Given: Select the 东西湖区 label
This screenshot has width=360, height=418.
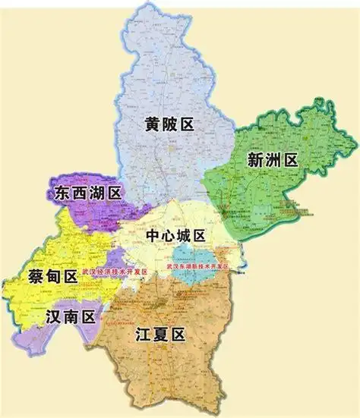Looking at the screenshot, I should [88, 193].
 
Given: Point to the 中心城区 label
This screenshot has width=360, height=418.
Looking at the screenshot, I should [176, 237].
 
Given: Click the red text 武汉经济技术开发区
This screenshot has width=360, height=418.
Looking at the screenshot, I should [115, 271].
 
